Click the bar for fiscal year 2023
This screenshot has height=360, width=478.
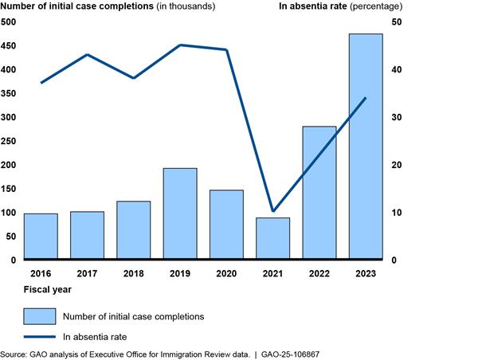(365, 147)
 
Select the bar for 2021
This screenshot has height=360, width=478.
(272, 239)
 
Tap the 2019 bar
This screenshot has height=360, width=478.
(180, 213)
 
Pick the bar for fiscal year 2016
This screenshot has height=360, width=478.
(41, 237)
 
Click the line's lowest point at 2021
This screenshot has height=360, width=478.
(272, 212)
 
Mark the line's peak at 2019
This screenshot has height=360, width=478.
(180, 45)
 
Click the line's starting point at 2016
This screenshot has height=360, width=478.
(41, 83)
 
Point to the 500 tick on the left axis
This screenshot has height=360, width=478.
(8, 22)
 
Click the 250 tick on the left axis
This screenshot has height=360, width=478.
(8, 141)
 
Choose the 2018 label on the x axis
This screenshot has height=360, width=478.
(133, 273)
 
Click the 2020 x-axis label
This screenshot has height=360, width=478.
(226, 273)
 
